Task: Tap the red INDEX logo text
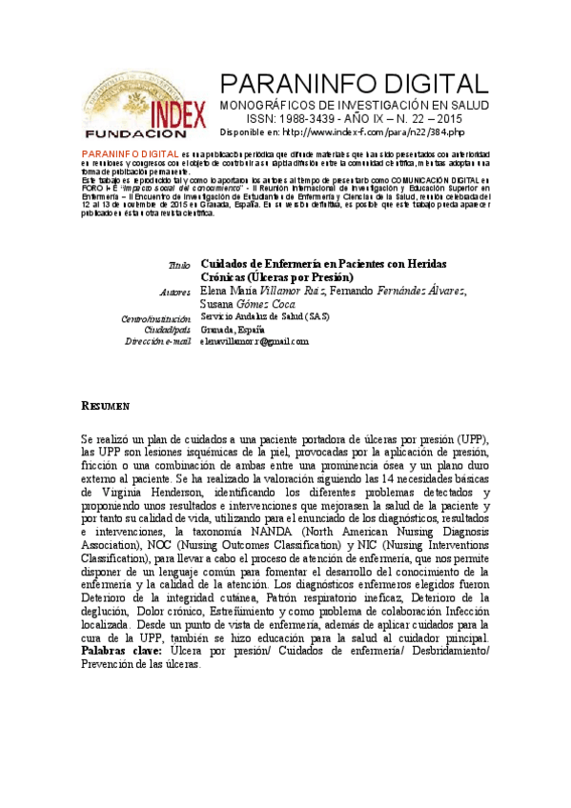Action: coord(177,114)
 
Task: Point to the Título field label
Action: coord(180,263)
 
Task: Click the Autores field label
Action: coord(177,291)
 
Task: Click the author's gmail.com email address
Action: coord(255,340)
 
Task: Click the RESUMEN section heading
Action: coord(105,407)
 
